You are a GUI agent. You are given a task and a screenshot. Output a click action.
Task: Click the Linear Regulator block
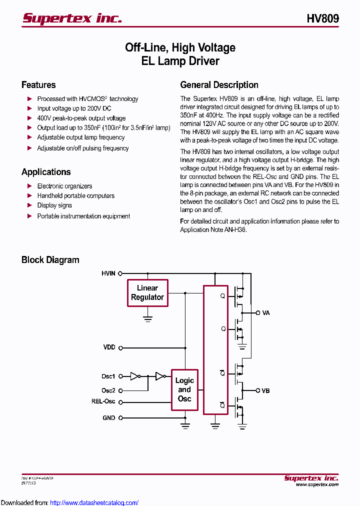tap(147, 292)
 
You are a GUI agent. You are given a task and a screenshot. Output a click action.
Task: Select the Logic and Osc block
tap(184, 390)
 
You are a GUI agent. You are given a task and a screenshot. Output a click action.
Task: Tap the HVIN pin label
tap(108, 273)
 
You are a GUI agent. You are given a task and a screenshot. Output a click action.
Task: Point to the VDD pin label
tap(109, 347)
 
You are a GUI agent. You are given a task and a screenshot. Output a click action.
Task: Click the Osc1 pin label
tap(108, 376)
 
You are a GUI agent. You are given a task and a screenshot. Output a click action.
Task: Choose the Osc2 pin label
tap(108, 390)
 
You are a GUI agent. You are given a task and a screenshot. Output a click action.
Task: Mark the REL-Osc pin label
tap(103, 401)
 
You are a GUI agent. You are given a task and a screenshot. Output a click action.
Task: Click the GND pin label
tap(109, 417)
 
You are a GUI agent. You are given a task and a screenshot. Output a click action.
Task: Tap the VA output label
tap(266, 312)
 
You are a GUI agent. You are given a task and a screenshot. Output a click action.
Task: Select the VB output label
tap(265, 390)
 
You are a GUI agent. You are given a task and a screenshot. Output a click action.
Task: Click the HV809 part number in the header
tap(322, 18)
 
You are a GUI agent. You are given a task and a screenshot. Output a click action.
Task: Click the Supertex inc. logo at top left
tap(72, 18)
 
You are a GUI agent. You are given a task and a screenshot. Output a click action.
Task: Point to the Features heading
tap(38, 85)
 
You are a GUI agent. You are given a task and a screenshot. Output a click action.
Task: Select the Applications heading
tap(46, 172)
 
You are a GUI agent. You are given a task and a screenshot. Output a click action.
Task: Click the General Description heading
tap(219, 85)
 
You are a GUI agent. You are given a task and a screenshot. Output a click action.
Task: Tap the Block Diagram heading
tap(50, 260)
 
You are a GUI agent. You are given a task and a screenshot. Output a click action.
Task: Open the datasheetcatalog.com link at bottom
tap(94, 502)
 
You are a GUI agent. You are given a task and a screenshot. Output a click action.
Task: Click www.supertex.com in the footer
tap(317, 484)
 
